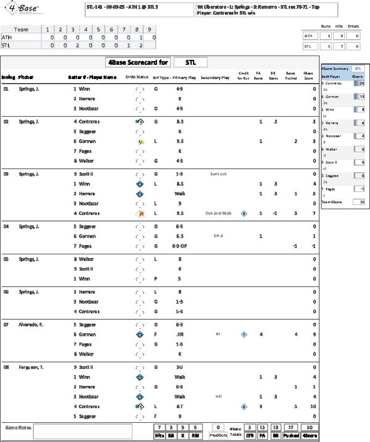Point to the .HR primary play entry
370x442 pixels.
[180, 335]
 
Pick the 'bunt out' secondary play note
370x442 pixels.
[218, 174]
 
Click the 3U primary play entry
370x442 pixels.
[179, 367]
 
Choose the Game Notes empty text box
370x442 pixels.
[83, 431]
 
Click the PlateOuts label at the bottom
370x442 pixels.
[217, 435]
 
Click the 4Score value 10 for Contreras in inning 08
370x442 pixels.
[313, 407]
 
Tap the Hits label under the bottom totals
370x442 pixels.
[159, 435]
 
